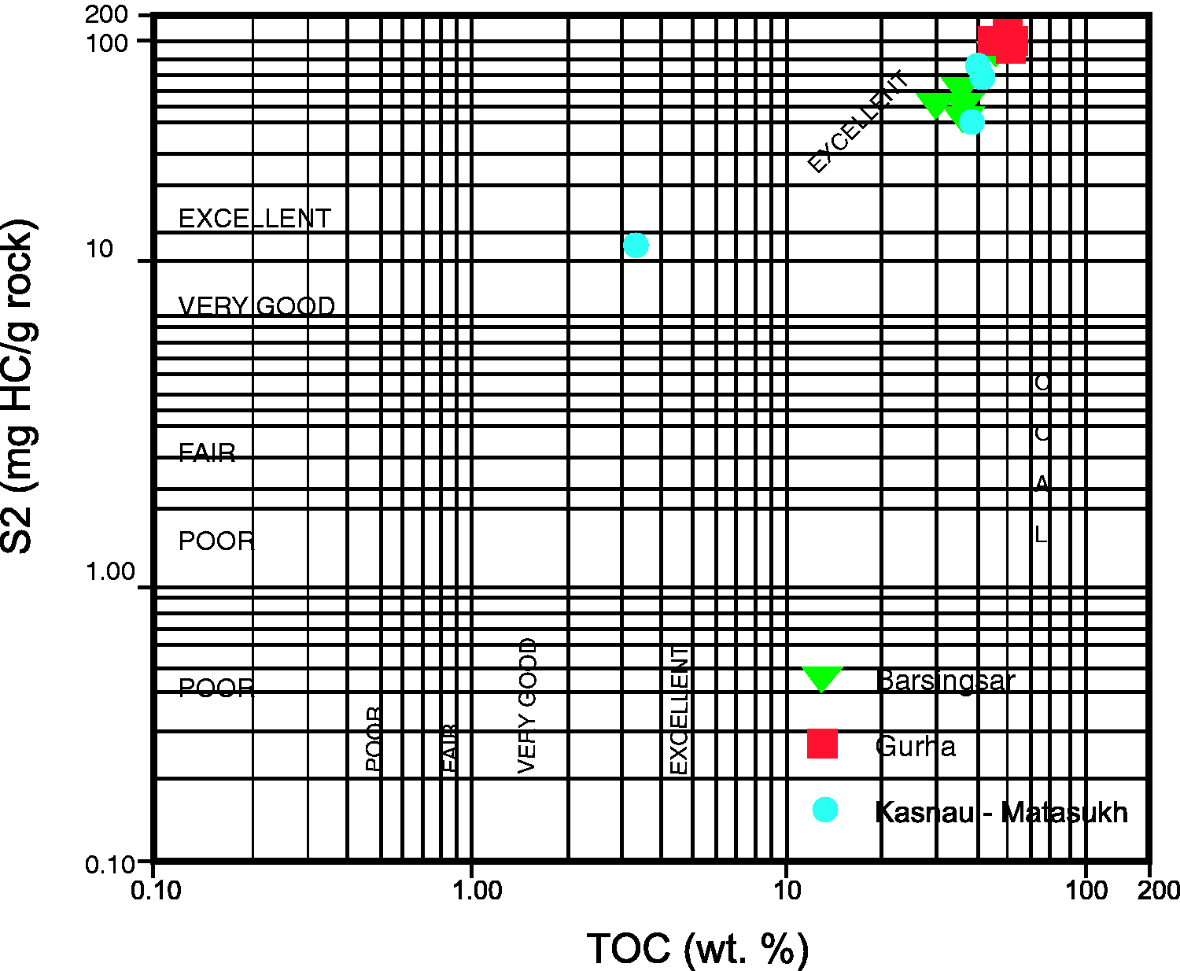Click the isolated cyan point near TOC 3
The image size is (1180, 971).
pos(636,246)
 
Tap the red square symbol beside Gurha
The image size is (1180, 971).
pos(823,744)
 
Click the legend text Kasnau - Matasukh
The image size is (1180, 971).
pos(1001,812)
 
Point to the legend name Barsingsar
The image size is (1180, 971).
pos(945,681)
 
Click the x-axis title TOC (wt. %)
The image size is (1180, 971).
pos(697,948)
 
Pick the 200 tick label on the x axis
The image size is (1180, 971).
pos(1158,890)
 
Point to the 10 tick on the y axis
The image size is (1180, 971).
pos(100,249)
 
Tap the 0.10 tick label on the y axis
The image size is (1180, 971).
pos(110,865)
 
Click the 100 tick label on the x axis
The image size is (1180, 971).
pos(1086,890)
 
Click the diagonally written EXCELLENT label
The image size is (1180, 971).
pos(859,122)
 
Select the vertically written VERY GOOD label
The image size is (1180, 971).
pos(528,705)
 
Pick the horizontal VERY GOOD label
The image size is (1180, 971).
pos(256,306)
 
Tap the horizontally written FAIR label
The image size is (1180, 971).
pos(207,453)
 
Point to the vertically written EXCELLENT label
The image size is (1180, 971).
pos(679,710)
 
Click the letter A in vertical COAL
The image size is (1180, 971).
pos(1042,484)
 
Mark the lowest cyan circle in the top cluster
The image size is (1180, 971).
pos(972,122)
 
